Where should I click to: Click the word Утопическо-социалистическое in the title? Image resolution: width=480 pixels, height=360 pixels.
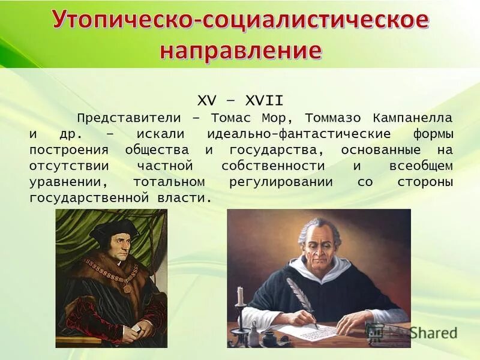240,22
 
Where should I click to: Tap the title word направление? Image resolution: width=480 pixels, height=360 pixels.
240,50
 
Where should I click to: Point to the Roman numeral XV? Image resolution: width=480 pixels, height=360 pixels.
208,100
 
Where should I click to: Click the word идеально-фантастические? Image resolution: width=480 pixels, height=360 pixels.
299,133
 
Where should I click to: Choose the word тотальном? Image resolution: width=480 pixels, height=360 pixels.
169,181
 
